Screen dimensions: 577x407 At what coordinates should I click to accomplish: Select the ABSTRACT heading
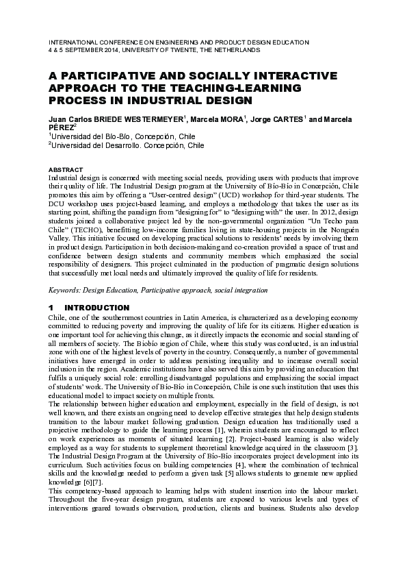click(66, 169)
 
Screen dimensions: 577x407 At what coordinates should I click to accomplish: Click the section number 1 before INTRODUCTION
click(51, 308)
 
